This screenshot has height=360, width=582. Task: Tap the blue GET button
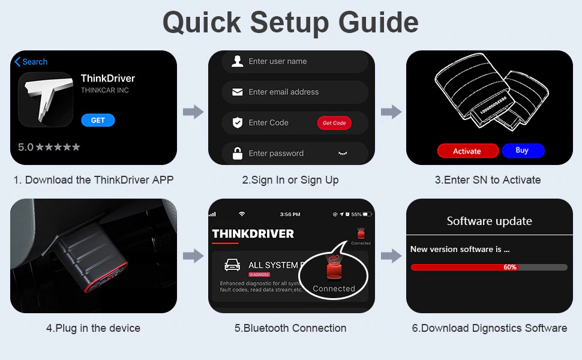[98, 120]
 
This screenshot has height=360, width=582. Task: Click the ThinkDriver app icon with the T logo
[45, 100]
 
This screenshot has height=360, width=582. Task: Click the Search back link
[31, 62]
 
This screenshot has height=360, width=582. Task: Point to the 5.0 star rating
[49, 147]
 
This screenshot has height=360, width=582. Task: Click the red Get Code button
[334, 123]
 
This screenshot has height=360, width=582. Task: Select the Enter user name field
[294, 61]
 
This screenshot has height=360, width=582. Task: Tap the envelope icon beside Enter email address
[238, 92]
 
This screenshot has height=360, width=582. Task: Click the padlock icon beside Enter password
[238, 153]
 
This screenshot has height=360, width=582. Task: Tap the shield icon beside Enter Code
[238, 122]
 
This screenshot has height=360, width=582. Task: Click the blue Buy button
[523, 151]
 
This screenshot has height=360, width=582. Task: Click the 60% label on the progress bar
[510, 267]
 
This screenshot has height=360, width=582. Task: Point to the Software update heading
[489, 221]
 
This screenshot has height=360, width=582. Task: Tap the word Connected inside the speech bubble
[334, 289]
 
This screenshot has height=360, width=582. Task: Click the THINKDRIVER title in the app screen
[253, 233]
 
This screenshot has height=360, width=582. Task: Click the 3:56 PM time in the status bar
[290, 214]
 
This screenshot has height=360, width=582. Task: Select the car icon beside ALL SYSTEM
[230, 265]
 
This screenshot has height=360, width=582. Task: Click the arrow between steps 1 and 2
[193, 112]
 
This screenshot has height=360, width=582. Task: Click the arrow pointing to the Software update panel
[391, 256]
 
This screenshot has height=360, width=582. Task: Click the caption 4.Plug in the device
[93, 328]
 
